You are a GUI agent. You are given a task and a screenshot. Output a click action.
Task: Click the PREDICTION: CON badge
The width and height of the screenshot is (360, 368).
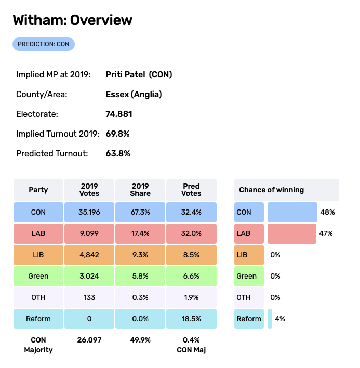[x=44, y=44]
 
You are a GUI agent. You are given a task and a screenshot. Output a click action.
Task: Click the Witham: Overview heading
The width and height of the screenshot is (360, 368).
[x=72, y=20]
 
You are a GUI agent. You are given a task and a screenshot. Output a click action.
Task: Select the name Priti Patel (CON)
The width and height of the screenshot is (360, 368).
[x=139, y=74]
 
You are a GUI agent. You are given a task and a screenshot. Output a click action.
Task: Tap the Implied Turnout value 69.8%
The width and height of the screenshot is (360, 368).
[x=117, y=134]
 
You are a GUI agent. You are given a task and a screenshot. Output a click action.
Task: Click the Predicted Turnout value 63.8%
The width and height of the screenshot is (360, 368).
[x=117, y=153]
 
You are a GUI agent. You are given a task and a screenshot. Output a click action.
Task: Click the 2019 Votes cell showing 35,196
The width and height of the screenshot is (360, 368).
[x=89, y=212]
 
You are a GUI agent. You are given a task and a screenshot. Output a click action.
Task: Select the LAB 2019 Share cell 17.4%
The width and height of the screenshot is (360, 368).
[x=140, y=233]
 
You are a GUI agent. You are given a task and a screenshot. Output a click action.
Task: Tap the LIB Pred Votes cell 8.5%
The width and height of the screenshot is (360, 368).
[x=191, y=255]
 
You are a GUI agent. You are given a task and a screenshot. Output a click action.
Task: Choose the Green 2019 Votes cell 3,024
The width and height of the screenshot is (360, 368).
[x=89, y=276]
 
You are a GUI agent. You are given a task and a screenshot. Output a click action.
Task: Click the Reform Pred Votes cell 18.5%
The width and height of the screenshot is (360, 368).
[x=191, y=319]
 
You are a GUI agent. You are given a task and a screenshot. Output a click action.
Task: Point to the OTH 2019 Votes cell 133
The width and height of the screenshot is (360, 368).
[x=89, y=297]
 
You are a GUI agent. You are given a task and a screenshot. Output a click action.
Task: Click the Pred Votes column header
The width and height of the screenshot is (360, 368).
[x=191, y=190]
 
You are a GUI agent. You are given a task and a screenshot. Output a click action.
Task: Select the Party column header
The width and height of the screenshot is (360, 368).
[x=38, y=190]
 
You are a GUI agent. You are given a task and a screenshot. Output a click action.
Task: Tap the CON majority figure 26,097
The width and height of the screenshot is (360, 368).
[x=89, y=340]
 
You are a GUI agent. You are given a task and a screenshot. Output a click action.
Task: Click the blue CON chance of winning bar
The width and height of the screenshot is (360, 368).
[x=292, y=212]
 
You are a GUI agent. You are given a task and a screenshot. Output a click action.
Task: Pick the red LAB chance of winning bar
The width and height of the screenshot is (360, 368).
[x=291, y=233]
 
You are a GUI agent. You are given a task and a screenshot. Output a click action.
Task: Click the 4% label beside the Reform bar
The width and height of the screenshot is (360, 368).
[x=279, y=319]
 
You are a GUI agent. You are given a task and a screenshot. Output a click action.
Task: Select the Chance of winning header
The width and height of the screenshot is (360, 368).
[x=286, y=190]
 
